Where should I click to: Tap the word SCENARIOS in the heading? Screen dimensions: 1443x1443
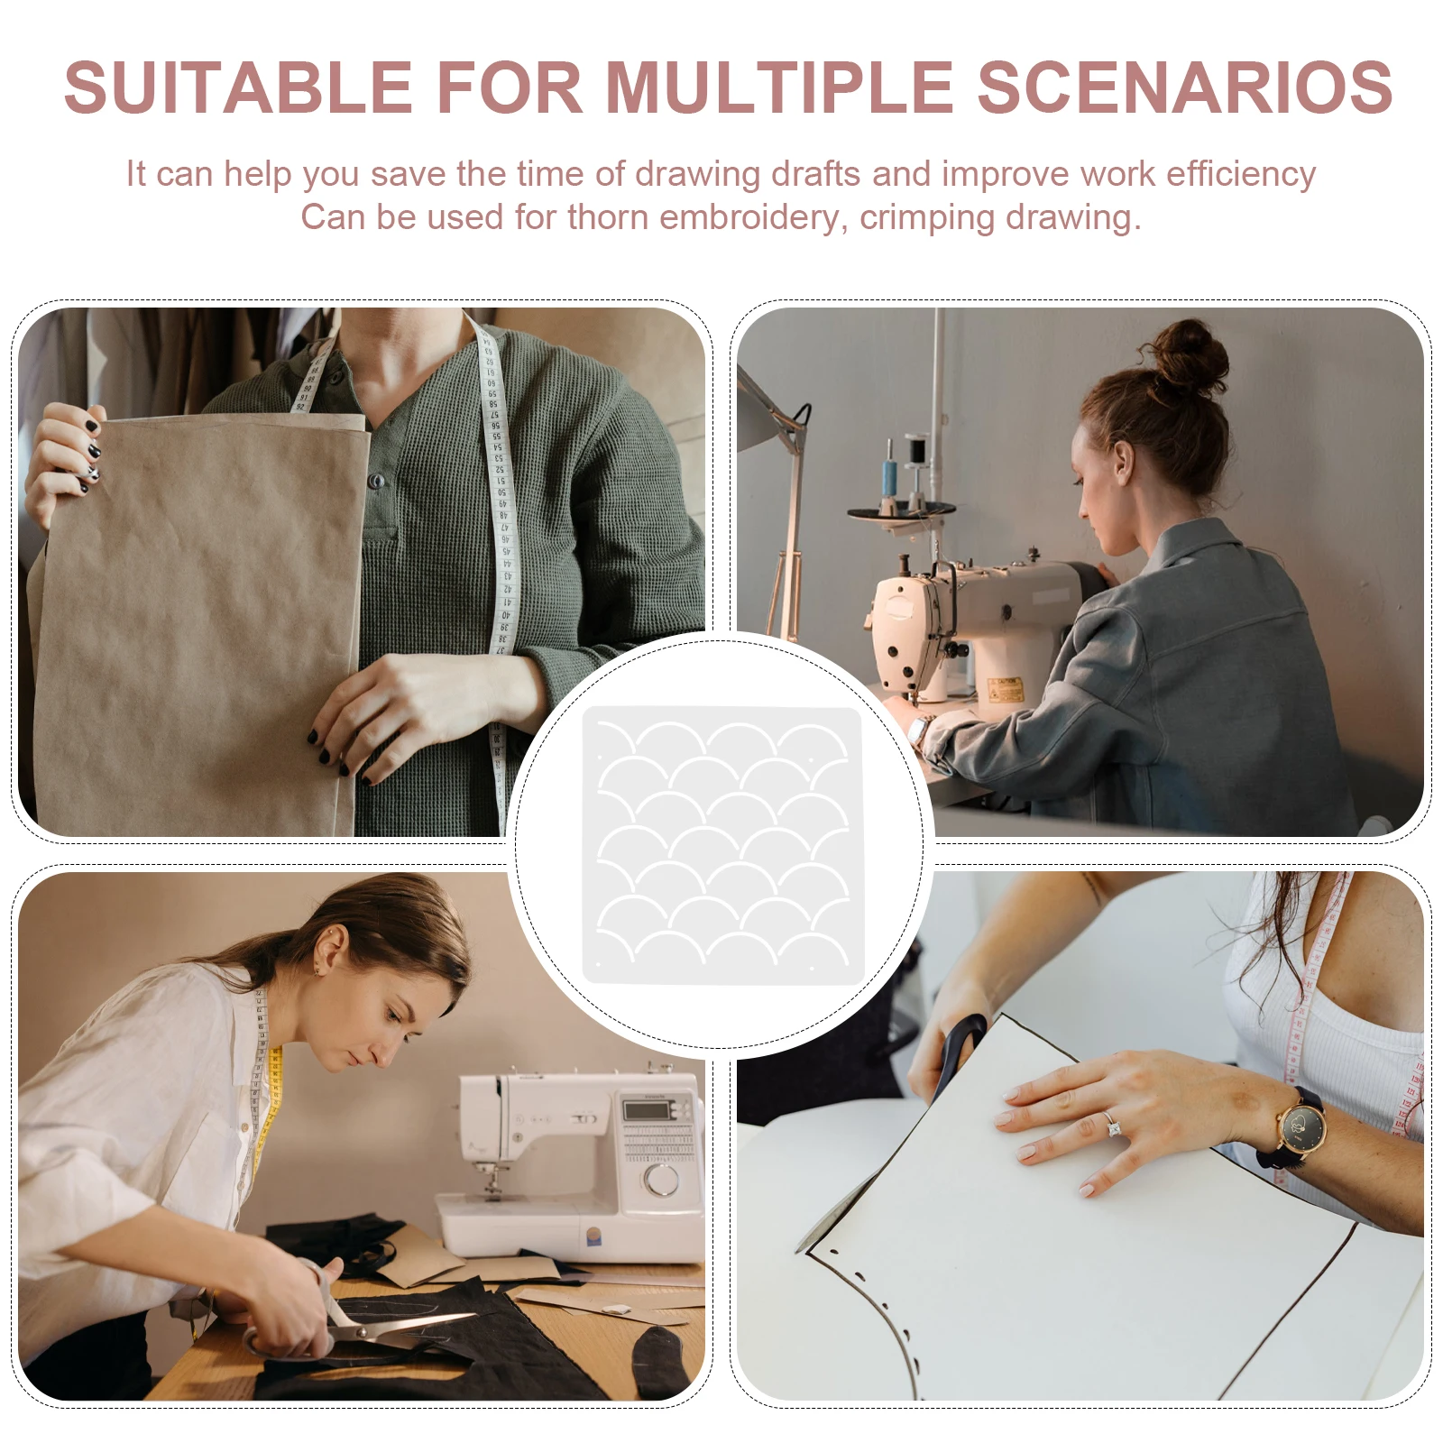(1185, 87)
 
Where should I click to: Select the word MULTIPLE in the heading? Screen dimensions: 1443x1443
(779, 87)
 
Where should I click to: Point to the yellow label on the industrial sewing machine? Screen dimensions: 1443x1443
(1003, 690)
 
